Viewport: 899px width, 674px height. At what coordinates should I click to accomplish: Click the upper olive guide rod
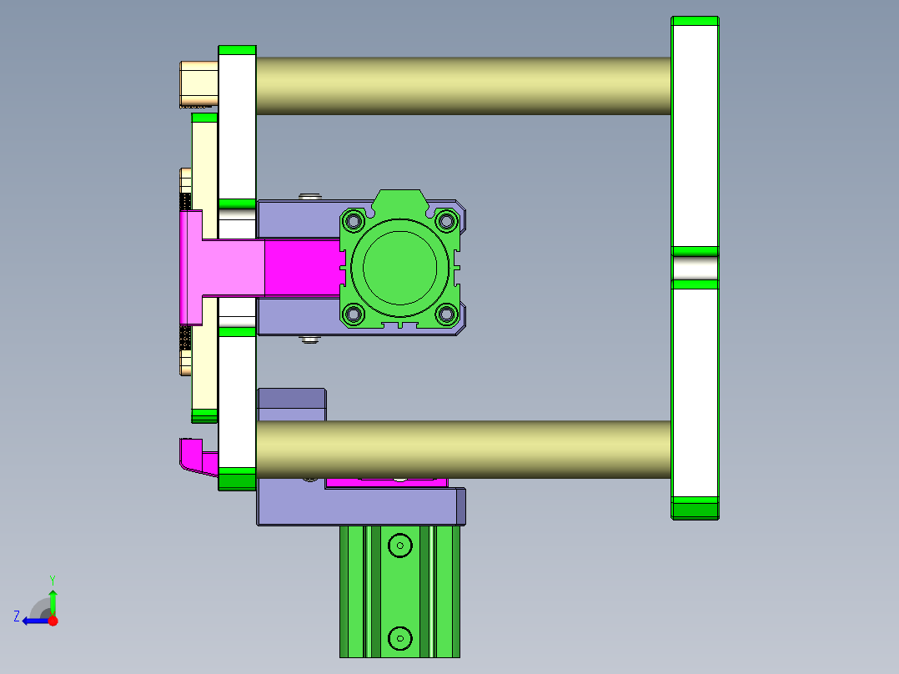[463, 85]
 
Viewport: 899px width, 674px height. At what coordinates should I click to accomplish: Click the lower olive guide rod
[463, 449]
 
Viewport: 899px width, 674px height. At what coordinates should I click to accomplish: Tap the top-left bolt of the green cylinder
[354, 222]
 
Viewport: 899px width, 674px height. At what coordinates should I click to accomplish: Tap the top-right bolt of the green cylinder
[446, 221]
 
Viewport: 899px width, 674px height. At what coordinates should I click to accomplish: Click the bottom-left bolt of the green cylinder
[354, 314]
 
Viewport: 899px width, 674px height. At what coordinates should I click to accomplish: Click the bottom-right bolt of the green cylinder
[446, 314]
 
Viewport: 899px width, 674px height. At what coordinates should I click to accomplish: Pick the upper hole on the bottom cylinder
[400, 546]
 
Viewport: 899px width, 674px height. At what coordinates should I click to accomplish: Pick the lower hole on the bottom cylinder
[400, 638]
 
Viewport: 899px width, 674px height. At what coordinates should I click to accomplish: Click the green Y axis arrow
[53, 597]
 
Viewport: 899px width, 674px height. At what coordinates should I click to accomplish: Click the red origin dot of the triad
[53, 621]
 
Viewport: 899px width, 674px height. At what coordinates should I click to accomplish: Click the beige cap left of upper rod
[199, 84]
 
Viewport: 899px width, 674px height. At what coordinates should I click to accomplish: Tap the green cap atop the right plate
[695, 21]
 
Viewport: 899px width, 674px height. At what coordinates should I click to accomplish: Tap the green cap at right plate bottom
[695, 507]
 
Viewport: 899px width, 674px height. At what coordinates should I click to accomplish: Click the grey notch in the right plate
[695, 268]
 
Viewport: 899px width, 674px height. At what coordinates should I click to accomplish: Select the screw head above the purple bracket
[311, 197]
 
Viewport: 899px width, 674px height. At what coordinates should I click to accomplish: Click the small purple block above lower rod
[291, 398]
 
